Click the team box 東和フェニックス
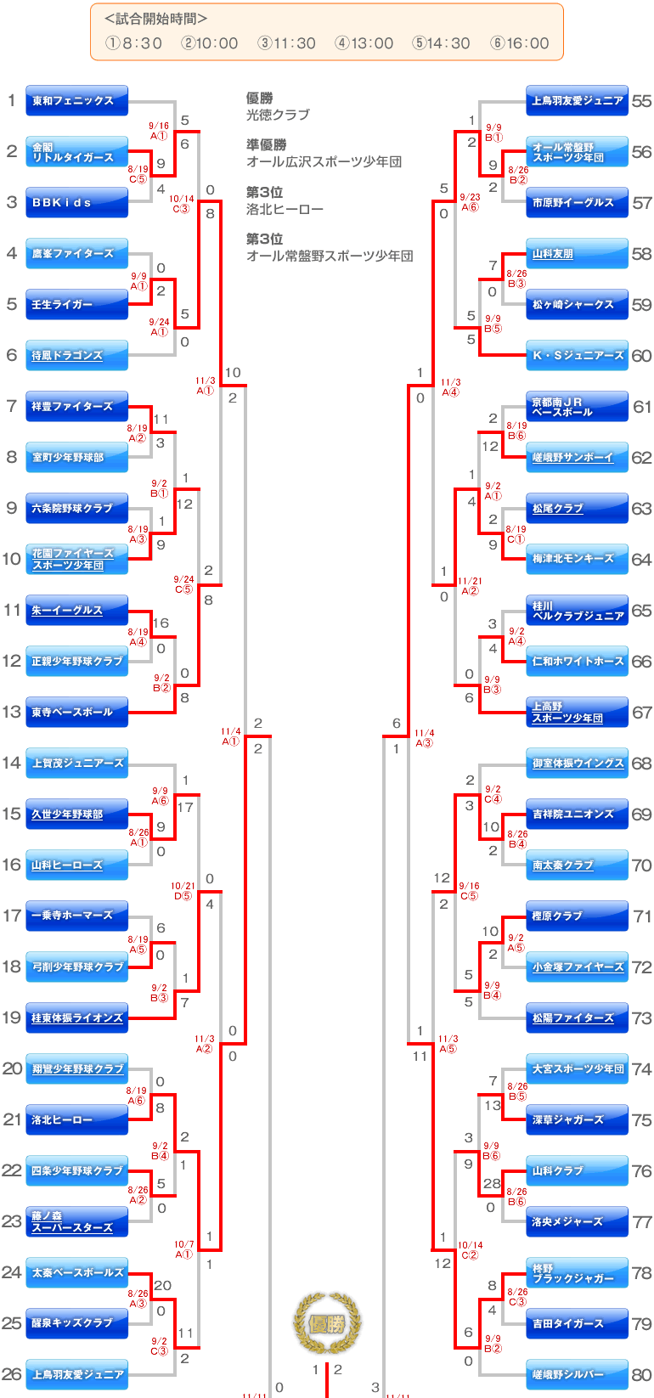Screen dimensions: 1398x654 click(76, 100)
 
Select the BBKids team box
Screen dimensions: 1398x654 click(76, 202)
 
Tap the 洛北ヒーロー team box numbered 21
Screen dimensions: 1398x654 click(76, 1119)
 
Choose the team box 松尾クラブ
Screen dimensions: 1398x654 click(577, 508)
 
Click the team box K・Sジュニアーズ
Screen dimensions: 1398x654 click(577, 355)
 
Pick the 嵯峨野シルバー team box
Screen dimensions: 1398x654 click(577, 1374)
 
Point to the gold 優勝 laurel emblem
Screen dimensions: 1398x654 click(327, 1323)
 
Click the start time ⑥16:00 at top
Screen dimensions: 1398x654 click(520, 43)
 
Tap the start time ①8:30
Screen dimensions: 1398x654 click(133, 43)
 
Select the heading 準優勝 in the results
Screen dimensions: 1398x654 click(266, 144)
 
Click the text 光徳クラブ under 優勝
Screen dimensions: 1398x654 click(278, 115)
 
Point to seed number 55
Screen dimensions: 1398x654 click(641, 100)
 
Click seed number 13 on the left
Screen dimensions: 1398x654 click(12, 712)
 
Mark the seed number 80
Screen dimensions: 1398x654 click(641, 1374)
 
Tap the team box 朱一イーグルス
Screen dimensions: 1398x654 click(76, 610)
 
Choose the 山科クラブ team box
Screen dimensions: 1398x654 click(577, 1170)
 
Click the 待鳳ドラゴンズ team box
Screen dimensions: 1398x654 click(76, 355)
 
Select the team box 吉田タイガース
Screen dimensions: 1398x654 click(577, 1323)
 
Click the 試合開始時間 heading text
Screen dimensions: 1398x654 click(155, 19)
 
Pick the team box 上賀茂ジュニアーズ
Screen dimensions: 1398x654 click(76, 763)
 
